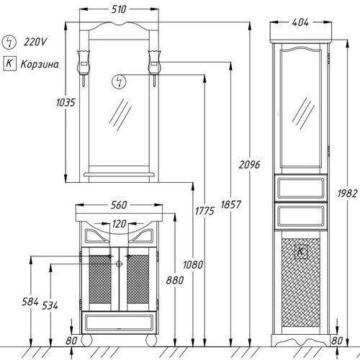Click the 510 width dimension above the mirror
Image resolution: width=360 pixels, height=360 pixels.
coord(119,9)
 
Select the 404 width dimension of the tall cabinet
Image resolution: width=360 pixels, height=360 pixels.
coord(300,22)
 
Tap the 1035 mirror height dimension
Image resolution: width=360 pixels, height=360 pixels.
coord(66,102)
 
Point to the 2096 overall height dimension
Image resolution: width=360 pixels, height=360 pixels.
coord(249,165)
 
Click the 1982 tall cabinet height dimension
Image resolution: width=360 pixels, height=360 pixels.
coord(347,194)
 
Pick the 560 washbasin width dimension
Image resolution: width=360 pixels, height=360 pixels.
coord(119,205)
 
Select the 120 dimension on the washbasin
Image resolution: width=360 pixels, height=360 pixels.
coord(119,224)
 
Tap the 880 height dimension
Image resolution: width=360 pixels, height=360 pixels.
coord(175,280)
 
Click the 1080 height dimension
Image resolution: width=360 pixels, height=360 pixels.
coord(193,265)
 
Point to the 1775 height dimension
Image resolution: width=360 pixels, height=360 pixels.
coord(204,211)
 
